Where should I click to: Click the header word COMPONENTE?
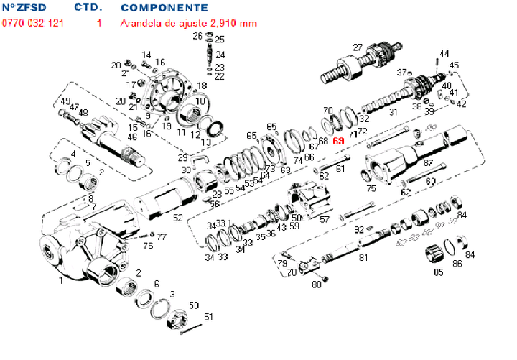[x=164, y=8]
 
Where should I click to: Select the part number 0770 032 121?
[x=33, y=23]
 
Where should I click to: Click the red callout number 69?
[x=339, y=141]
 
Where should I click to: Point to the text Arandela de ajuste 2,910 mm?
[x=189, y=23]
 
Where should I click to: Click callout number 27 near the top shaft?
[x=358, y=47]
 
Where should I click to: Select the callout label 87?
[x=428, y=163]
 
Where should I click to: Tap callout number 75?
[x=371, y=189]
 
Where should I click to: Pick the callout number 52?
[x=178, y=218]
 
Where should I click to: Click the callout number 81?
[x=363, y=257]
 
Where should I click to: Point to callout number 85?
[x=438, y=272]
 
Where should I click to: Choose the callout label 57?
[x=325, y=219]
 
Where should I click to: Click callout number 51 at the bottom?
[x=209, y=316]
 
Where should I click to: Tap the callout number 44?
[x=444, y=54]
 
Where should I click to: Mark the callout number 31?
[x=393, y=111]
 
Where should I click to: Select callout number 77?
[x=162, y=236]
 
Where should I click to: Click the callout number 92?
[x=358, y=230]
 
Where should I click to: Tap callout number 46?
[x=131, y=137]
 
